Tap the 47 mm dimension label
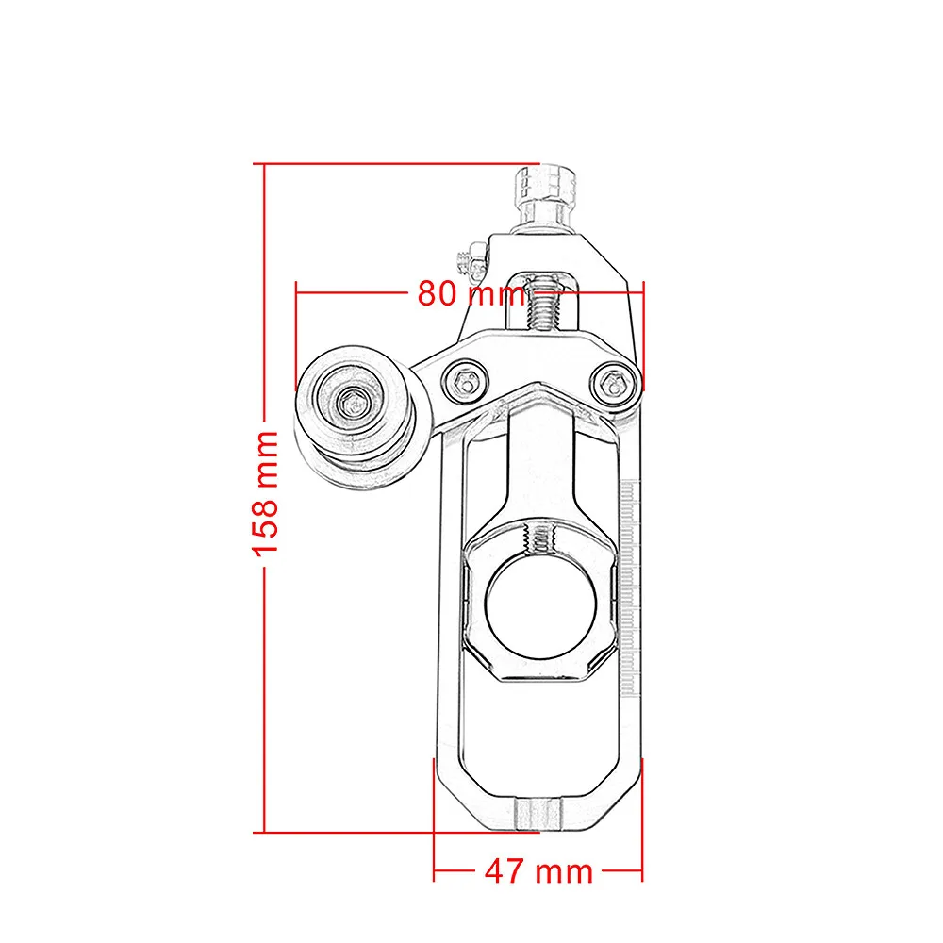pos(538,869)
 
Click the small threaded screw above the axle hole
pos(541,539)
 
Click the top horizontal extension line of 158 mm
pos(396,164)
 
